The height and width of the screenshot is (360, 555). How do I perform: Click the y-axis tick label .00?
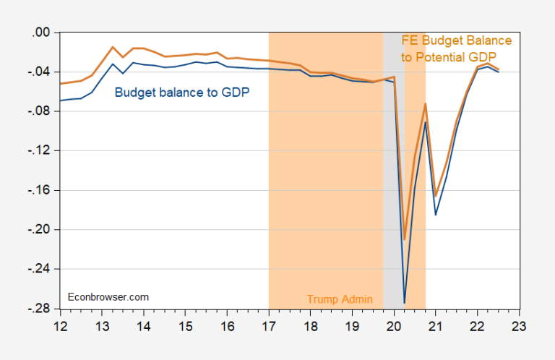(x=37, y=33)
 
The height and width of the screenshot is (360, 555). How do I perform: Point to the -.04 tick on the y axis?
(x=35, y=72)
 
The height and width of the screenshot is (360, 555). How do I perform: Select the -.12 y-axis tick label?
(x=35, y=150)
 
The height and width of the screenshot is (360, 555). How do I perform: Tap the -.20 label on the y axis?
(x=35, y=229)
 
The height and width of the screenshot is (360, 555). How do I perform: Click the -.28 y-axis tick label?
(x=35, y=308)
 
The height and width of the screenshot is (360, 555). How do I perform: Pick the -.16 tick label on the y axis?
(x=35, y=190)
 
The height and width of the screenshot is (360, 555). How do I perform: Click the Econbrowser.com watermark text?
(x=108, y=296)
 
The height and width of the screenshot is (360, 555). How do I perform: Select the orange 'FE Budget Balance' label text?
(x=457, y=40)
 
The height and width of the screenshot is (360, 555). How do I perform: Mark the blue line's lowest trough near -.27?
(x=405, y=302)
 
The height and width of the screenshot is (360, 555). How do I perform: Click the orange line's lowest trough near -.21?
(x=405, y=239)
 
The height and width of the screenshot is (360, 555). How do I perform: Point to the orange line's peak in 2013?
(x=113, y=47)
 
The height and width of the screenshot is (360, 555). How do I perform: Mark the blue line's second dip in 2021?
(x=436, y=214)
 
